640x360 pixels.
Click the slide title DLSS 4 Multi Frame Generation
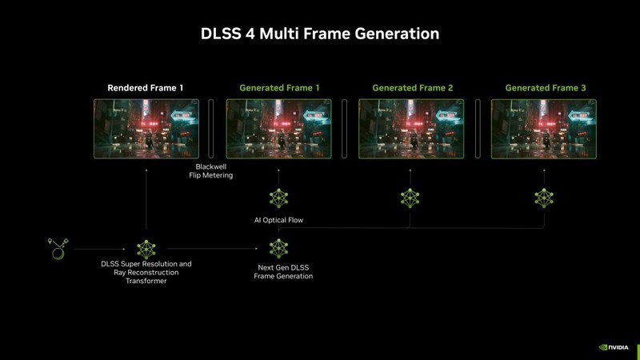click(x=319, y=34)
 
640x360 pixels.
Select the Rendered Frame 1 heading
click(x=146, y=87)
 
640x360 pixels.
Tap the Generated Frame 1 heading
click(x=279, y=87)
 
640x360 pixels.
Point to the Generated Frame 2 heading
click(x=411, y=87)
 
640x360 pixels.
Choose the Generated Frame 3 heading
click(x=544, y=87)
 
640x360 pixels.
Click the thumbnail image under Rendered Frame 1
click(x=146, y=128)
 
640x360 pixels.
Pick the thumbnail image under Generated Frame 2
click(x=411, y=128)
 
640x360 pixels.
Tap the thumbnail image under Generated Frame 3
click(x=544, y=128)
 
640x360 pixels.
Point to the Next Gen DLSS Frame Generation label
click(x=283, y=271)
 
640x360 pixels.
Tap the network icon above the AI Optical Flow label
click(x=278, y=198)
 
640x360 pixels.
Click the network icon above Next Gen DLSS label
click(x=278, y=248)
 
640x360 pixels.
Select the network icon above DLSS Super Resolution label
click(x=146, y=248)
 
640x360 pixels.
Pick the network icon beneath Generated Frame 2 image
click(x=411, y=198)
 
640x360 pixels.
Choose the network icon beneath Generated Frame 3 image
click(x=544, y=198)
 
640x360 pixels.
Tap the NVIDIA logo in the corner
click(x=614, y=348)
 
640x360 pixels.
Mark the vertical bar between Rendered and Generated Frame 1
click(x=212, y=128)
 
